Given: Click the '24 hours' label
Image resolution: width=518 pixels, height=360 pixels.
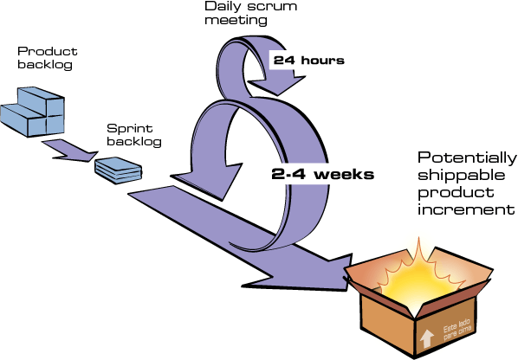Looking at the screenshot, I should coord(308,61).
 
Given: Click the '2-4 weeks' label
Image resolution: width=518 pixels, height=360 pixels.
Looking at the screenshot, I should coord(322,174).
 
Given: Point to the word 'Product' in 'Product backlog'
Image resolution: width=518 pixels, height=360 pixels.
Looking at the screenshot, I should coord(41,51).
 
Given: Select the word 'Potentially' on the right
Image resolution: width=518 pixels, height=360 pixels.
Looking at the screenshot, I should coord(467,158).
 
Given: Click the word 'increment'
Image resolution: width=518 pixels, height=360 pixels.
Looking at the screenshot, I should coord(468,210).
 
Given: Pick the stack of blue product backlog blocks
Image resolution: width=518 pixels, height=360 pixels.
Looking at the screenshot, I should coord(41,110).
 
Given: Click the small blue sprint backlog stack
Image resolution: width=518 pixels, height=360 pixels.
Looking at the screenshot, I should coord(116,169).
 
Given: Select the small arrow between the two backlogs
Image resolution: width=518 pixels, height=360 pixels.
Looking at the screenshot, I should coord(69,148).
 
